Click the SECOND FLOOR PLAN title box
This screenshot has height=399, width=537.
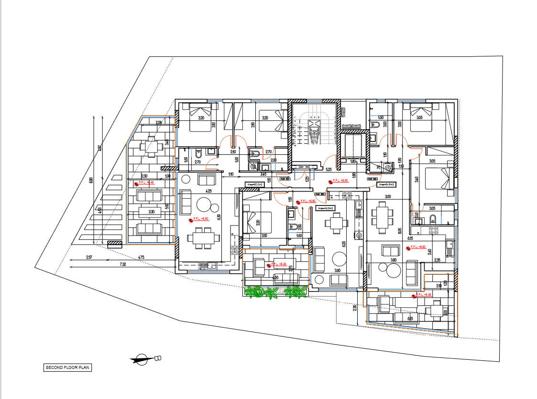[x=67, y=367]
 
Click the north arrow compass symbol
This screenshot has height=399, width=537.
[x=142, y=359]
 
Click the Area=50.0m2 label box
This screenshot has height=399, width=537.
[x=255, y=183]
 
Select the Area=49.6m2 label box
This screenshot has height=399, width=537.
[x=325, y=208]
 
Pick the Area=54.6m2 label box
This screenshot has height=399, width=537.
[x=386, y=183]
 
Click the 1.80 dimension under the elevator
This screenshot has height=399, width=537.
[x=353, y=162]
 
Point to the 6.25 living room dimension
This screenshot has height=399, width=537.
[x=208, y=191]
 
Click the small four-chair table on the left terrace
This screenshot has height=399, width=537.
[x=151, y=145]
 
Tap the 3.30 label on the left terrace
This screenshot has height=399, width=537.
[x=151, y=211]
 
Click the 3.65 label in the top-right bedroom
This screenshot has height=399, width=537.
[x=419, y=118]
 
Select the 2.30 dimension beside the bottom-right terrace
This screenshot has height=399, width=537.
[x=354, y=307]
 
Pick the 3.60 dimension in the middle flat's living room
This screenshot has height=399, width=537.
[x=337, y=270]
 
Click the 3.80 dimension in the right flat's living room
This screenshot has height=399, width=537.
[x=393, y=260]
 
